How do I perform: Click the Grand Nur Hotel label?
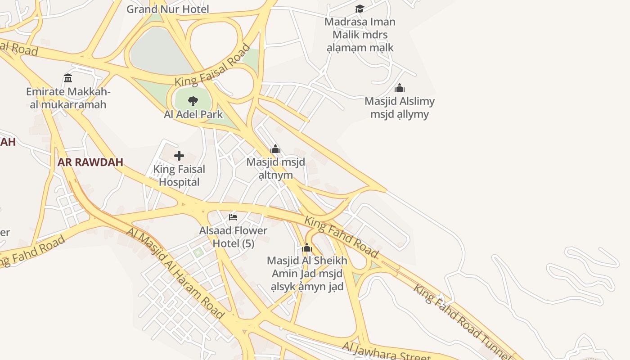(x=167, y=9)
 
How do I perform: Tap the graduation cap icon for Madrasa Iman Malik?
(x=360, y=9)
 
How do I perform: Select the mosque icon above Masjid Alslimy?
(x=399, y=88)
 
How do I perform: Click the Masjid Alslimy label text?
(x=400, y=108)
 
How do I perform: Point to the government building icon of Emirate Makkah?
(x=68, y=78)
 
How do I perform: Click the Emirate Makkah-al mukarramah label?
(x=68, y=98)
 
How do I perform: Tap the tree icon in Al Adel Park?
(x=193, y=101)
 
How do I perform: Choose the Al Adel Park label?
(x=193, y=114)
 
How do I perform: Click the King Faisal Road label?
(x=212, y=65)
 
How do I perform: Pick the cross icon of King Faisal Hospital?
(x=179, y=156)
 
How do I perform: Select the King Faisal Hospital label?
(x=179, y=175)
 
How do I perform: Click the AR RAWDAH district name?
(x=90, y=162)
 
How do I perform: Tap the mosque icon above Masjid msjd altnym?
(x=275, y=149)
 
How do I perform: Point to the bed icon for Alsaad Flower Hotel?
(x=233, y=217)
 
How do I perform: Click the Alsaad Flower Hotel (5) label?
(x=233, y=237)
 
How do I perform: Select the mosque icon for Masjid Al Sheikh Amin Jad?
(x=307, y=247)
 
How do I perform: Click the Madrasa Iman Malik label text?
(x=360, y=35)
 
